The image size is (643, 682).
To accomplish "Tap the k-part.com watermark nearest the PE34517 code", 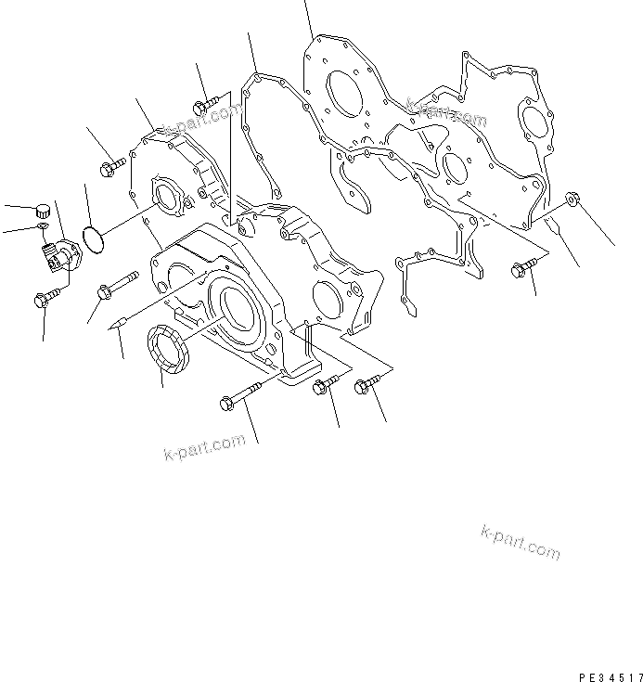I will coord(521,542).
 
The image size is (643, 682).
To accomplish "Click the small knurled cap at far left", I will coord(41,209).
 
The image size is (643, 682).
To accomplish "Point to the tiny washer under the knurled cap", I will coord(42,226).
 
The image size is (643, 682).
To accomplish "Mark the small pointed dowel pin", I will coord(118,326).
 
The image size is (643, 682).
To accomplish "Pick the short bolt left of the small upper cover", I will coord(110,168).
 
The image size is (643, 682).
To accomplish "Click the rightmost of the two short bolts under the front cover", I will coord(367,387).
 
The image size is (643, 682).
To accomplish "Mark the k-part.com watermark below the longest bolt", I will coord(195,449).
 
